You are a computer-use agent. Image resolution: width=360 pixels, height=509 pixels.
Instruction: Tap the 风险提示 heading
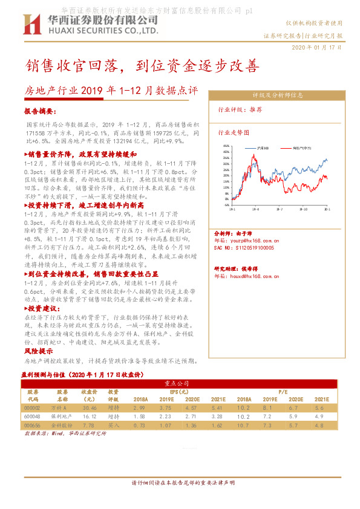pyautogui.click(x=34, y=351)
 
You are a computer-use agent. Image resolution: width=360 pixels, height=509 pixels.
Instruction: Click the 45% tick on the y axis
pyautogui.click(x=226, y=146)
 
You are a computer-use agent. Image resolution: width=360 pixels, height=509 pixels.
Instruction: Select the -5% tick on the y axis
pyautogui.click(x=226, y=205)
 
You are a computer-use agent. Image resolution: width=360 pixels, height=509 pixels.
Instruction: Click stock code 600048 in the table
pyautogui.click(x=33, y=417)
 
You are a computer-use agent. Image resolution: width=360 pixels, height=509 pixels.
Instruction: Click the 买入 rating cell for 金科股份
pyautogui.click(x=113, y=425)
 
